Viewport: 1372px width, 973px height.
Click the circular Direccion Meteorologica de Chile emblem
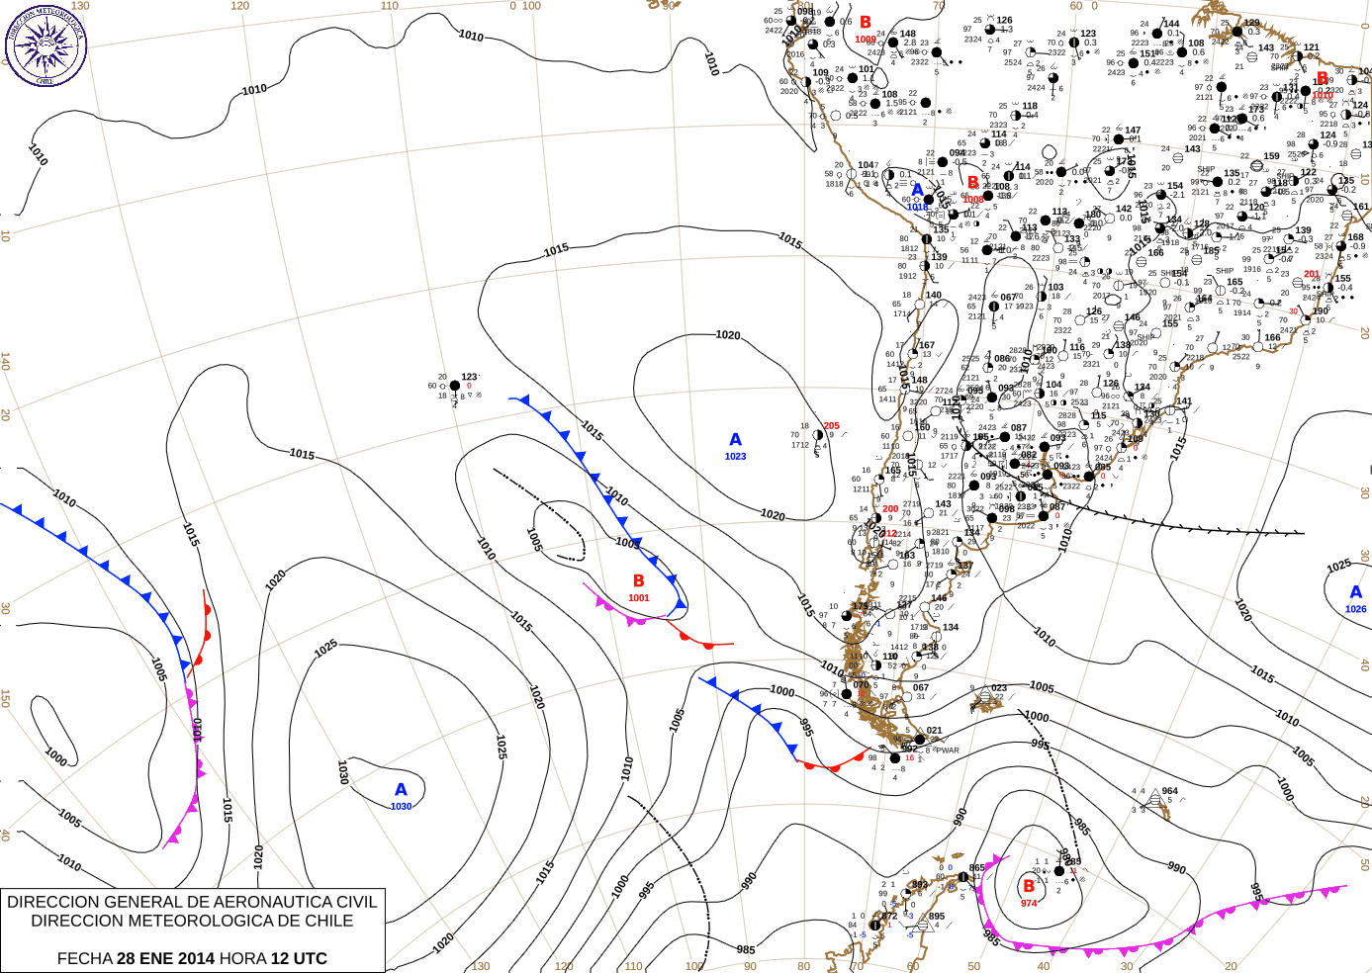tap(46, 44)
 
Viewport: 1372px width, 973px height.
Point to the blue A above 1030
tap(401, 790)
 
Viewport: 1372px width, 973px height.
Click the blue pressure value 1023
tap(735, 457)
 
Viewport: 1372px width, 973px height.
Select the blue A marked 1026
tap(1355, 592)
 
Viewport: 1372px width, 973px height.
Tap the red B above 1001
tap(639, 581)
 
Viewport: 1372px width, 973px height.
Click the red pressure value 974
tap(1029, 903)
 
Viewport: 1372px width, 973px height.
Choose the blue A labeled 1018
tap(917, 191)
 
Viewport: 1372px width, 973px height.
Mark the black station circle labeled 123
tap(454, 386)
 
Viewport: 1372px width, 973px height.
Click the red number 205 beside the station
tap(831, 426)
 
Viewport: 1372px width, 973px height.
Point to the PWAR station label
tap(948, 751)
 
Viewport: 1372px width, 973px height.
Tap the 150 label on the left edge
tap(5, 698)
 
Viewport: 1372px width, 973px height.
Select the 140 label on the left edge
tap(5, 362)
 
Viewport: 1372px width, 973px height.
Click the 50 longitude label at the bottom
tap(974, 966)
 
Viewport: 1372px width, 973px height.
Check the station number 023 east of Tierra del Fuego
tap(999, 687)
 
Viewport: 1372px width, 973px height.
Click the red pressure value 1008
tap(973, 200)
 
